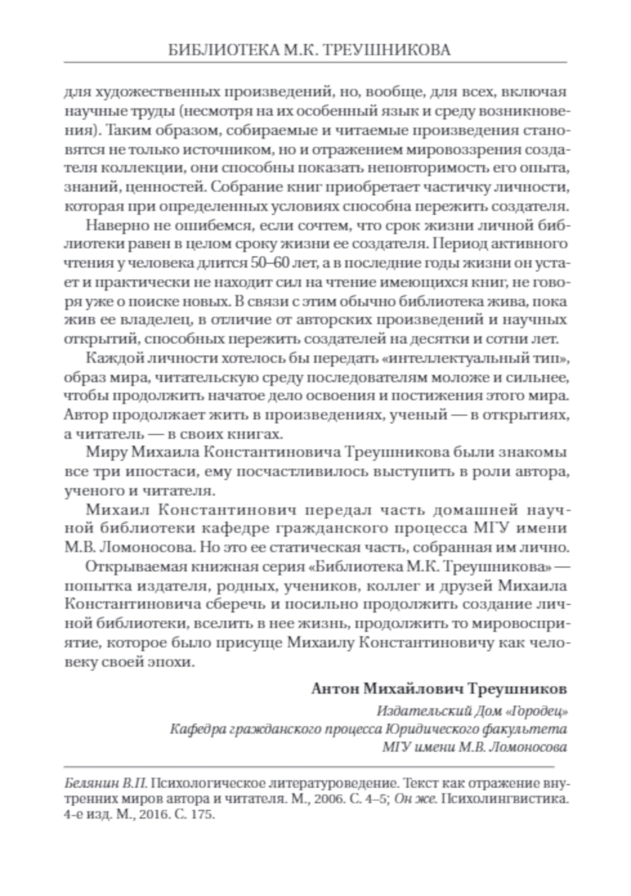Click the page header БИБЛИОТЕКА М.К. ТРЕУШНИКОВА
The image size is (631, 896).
click(315, 50)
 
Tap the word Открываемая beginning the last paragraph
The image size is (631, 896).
click(129, 563)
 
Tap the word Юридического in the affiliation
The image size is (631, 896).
click(448, 729)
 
